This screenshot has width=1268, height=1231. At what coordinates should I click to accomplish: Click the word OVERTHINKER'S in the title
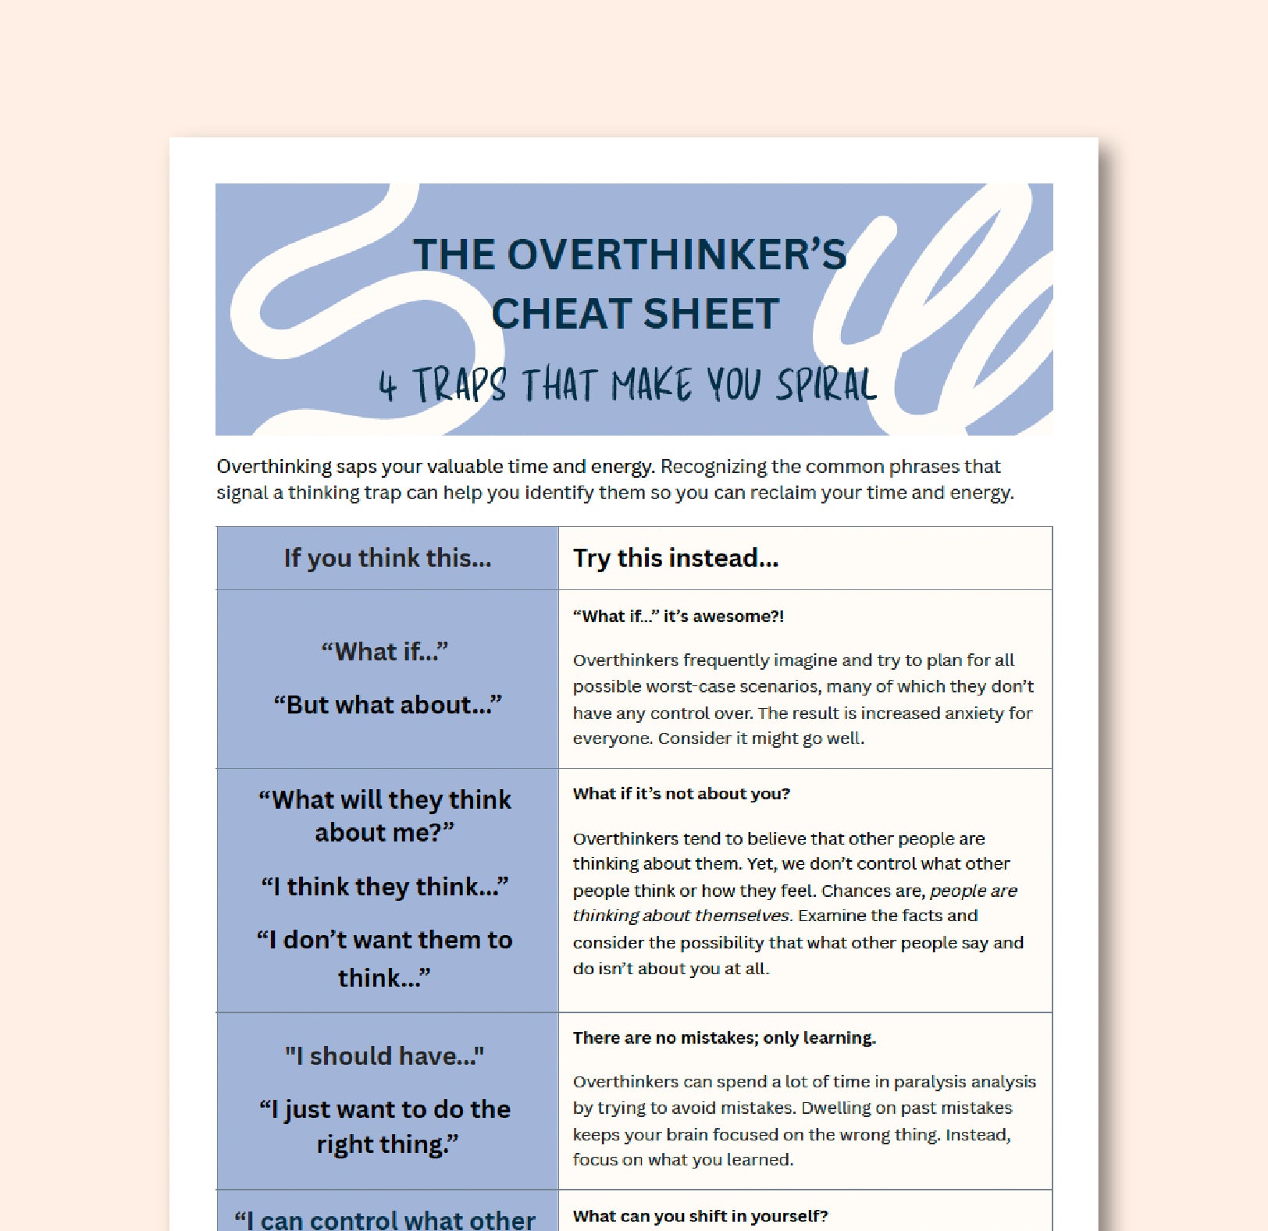coord(677,255)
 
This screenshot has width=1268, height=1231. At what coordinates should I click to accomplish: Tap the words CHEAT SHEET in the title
coord(635,314)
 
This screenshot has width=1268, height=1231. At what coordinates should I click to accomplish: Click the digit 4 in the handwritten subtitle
coord(387,385)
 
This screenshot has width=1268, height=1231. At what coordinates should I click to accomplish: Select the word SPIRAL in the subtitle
coord(826,385)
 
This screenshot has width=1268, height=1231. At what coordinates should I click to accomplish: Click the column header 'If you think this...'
coord(387,558)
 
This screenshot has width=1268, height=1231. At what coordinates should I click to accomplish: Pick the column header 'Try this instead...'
coord(675,558)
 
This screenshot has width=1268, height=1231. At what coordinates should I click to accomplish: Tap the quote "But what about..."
coord(387,705)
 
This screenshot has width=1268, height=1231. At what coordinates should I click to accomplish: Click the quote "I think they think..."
coord(385,887)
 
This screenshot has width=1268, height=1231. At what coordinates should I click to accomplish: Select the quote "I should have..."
coord(385,1056)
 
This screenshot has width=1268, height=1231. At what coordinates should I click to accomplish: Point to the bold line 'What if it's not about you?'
coord(681,794)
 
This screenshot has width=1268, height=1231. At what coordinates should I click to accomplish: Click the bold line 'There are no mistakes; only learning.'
coord(724,1037)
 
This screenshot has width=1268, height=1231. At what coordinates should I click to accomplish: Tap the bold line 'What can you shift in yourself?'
coord(700,1215)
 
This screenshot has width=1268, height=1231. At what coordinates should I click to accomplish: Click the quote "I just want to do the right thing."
coord(385,1126)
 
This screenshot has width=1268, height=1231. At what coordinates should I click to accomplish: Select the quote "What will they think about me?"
coord(385,816)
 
